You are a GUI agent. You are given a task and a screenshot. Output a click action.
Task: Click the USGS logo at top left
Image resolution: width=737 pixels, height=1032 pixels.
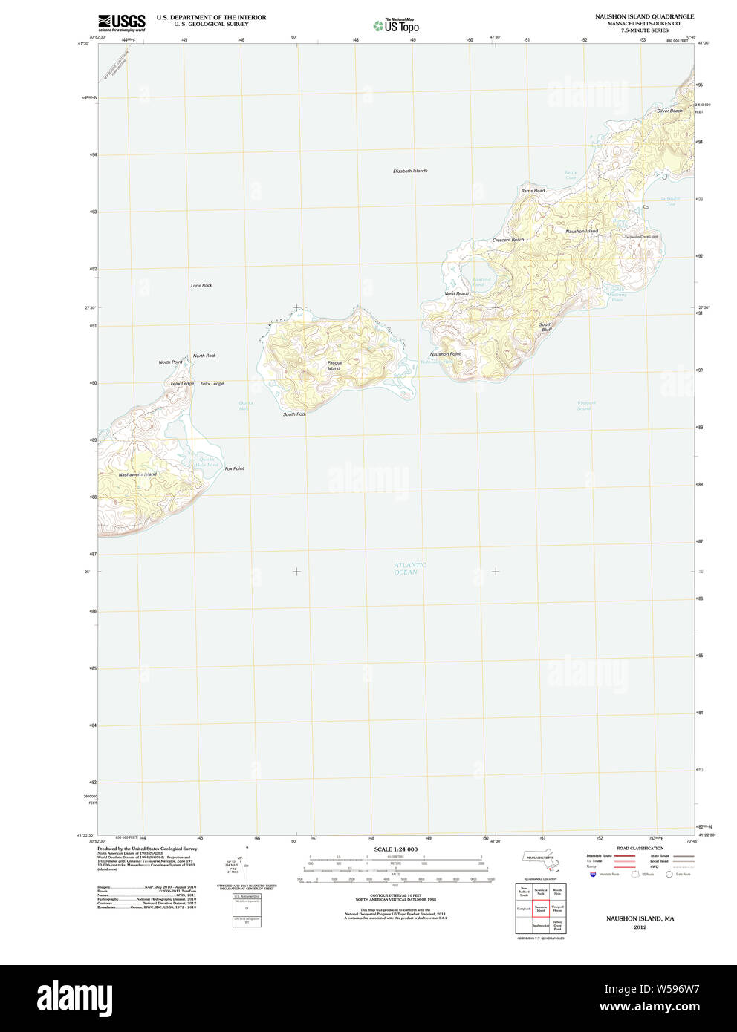[121, 22]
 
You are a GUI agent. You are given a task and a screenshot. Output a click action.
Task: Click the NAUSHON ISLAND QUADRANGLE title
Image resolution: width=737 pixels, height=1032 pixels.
[644, 16]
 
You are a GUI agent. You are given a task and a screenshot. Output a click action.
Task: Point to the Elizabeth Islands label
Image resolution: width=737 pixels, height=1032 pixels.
[410, 172]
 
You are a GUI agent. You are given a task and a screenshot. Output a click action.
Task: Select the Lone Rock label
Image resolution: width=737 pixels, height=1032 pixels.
[201, 286]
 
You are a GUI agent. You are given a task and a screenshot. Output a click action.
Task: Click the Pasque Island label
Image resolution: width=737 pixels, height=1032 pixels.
[334, 365]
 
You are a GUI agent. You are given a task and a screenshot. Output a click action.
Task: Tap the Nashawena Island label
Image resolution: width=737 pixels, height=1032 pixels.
[137, 474]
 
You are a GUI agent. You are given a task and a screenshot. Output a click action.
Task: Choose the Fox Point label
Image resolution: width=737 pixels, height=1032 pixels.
[234, 469]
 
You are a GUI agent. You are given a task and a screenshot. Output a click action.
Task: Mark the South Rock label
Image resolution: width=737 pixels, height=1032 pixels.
[294, 414]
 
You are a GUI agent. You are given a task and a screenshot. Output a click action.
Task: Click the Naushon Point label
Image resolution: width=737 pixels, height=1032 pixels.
[445, 354]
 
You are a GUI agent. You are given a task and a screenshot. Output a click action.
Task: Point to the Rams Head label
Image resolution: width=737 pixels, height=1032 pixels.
[533, 191]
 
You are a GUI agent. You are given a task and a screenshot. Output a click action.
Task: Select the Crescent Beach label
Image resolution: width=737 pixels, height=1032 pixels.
[508, 240]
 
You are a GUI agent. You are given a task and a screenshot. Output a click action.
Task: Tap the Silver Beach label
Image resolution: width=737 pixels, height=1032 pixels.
[669, 111]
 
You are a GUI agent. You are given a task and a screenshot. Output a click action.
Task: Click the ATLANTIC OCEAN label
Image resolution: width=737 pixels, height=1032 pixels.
[410, 569]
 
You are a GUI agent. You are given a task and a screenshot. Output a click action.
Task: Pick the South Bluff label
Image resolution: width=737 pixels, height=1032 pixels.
[546, 327]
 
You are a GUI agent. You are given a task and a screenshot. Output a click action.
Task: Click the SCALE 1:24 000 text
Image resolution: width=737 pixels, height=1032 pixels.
[395, 849]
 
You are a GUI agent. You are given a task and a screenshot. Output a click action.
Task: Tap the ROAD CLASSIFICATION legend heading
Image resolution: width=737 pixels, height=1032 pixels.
[640, 849]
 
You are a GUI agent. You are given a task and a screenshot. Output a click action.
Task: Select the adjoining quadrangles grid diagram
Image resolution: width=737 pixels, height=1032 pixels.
[540, 908]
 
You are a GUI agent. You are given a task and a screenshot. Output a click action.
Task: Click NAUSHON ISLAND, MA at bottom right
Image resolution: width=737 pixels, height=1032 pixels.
[640, 918]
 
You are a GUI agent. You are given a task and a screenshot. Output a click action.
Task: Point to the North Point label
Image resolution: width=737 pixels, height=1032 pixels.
[170, 362]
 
